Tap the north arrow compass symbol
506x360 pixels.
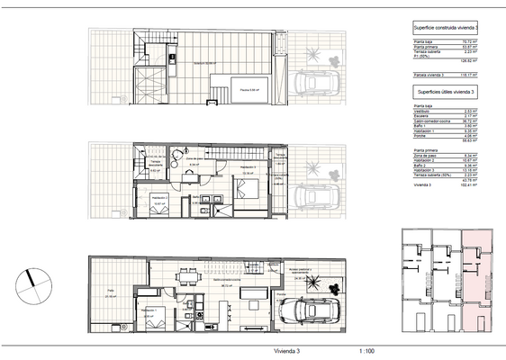point(32,278)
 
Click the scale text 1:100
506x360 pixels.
point(366,352)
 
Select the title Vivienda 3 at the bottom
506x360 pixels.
point(285,352)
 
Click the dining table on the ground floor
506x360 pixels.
point(187,274)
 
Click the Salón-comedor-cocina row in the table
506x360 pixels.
point(431,121)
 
